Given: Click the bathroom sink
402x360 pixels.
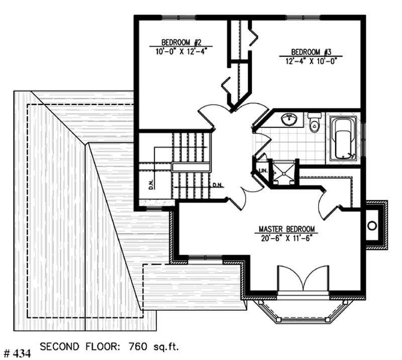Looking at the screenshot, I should coord(288,120).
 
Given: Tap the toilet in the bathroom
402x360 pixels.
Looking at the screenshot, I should coord(315,124).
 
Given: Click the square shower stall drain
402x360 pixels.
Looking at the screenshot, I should coord(283,172).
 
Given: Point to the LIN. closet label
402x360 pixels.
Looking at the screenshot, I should coord(262,171).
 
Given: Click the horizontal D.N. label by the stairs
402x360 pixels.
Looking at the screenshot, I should coord(217,185).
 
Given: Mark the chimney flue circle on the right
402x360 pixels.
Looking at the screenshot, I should coord(373,225).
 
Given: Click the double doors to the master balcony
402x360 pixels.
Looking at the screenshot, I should coord(303,279).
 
